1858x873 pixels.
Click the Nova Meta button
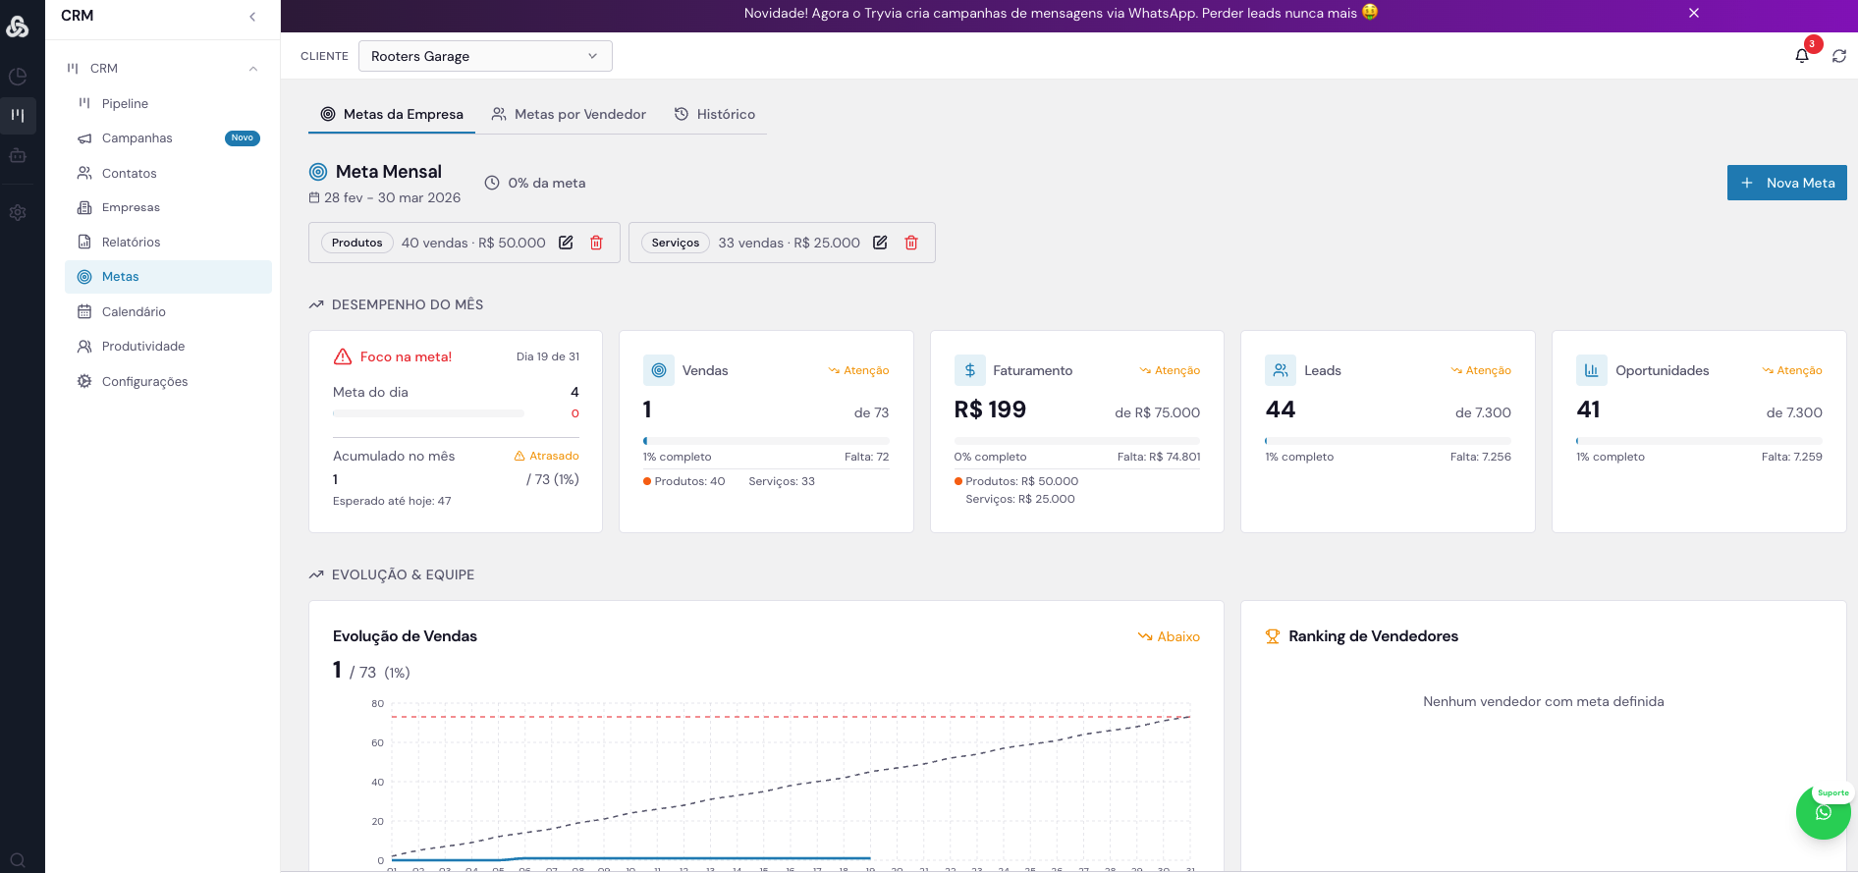1786,183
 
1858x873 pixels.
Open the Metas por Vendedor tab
569,114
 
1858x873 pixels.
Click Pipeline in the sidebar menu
125,103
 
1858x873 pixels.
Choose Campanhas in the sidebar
137,138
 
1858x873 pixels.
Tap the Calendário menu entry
134,311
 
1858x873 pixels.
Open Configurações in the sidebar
144,381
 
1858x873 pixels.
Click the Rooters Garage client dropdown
485,56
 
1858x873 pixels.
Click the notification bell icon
1802,56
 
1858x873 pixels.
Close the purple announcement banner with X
1694,13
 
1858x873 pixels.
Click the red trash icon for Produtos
596,243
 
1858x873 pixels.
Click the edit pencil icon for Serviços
880,243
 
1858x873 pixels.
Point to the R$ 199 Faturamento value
990,409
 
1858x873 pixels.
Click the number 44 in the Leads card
1281,409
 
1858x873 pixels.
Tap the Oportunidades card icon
1591,370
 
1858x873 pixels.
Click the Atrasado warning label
547,456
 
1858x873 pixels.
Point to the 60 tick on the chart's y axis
377,742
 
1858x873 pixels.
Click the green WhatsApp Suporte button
1823,812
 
